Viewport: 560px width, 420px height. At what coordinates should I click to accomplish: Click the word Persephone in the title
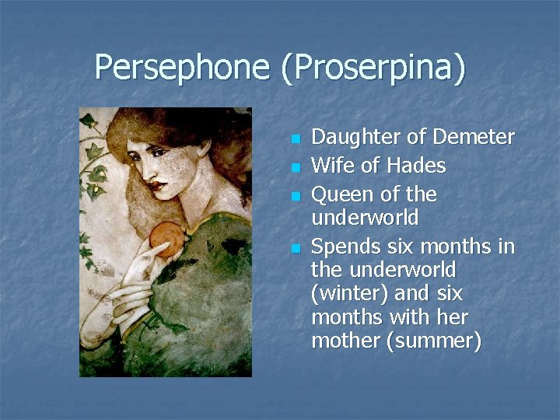tap(183, 68)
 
